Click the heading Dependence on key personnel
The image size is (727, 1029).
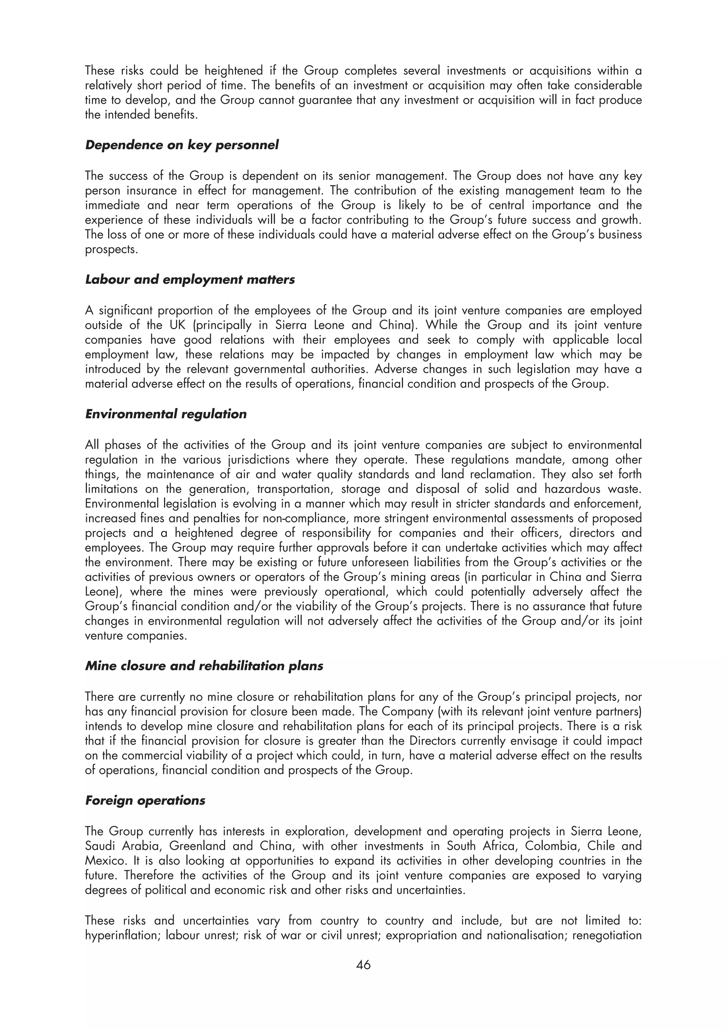[181, 145]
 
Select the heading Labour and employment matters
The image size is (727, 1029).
[190, 280]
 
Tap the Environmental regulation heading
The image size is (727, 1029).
[166, 414]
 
